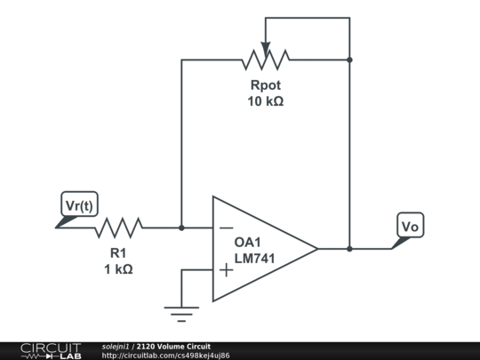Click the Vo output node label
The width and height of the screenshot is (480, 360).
410,227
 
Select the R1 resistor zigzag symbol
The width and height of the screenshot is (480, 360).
118,228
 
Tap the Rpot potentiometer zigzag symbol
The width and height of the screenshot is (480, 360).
265,60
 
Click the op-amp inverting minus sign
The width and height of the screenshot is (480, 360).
227,228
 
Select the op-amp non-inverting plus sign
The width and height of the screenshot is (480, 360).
227,269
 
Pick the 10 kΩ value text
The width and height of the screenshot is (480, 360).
265,101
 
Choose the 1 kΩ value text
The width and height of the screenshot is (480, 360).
118,269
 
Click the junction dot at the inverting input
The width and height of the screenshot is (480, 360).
181,228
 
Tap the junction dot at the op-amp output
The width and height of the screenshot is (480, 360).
349,249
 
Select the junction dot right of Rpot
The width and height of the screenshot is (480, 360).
349,60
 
